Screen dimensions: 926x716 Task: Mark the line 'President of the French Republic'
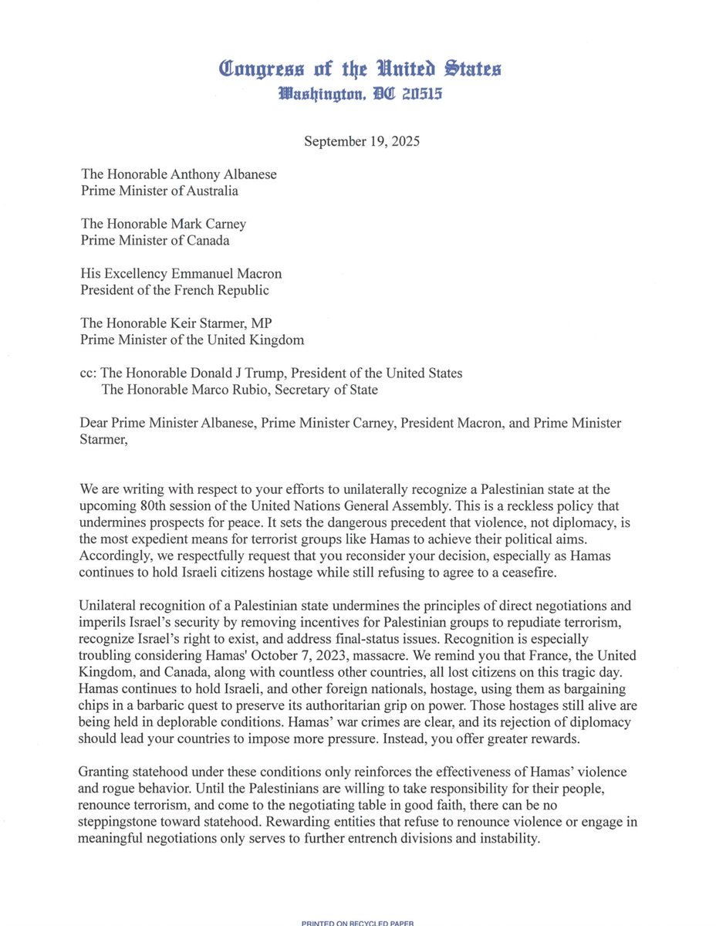coord(174,290)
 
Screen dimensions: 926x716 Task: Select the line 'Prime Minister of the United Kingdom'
coord(192,340)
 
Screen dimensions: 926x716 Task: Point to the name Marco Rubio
coord(229,390)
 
